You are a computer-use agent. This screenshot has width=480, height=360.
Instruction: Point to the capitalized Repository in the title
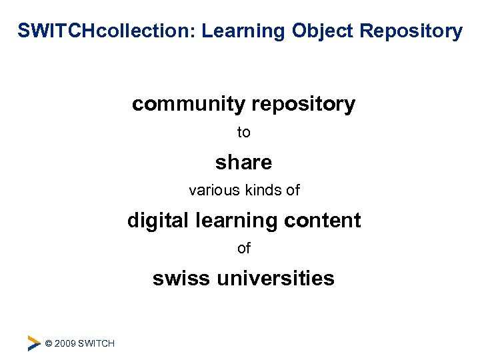point(412,31)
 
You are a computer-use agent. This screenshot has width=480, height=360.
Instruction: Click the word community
point(189,104)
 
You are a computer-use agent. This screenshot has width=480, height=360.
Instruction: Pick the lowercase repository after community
point(303,104)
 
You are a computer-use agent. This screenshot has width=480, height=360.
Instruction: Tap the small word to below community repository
point(244,133)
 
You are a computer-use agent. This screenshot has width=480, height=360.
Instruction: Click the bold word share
point(243,162)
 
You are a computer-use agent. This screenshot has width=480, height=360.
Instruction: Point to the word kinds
point(263,191)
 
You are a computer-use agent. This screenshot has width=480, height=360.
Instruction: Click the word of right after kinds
point(293,191)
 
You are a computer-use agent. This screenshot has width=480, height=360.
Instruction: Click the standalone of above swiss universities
point(244,249)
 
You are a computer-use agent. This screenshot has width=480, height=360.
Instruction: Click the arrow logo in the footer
point(33,343)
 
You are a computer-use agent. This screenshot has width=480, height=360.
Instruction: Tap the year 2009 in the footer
point(65,343)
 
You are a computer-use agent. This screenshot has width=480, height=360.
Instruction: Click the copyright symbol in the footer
point(49,343)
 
